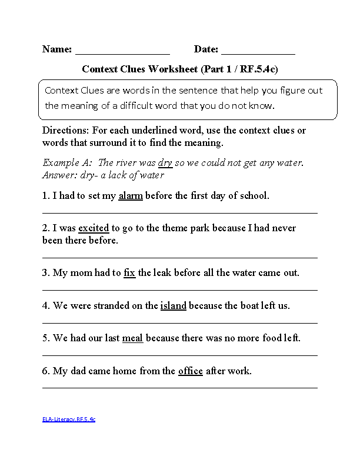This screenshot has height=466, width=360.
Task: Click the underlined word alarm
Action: [x=131, y=196]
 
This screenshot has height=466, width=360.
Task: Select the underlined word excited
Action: [x=94, y=228]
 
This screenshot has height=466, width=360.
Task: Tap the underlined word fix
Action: [x=129, y=273]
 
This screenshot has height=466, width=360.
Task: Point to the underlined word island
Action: [x=173, y=306]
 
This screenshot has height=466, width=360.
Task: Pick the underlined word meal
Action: [x=132, y=338]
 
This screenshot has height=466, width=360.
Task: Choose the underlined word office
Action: [x=190, y=371]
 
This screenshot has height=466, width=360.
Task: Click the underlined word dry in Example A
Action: [x=165, y=163]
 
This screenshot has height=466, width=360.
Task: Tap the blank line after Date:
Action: [x=258, y=52]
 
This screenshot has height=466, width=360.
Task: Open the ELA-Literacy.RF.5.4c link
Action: [x=68, y=420]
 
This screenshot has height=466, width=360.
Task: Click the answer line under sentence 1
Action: [x=179, y=212]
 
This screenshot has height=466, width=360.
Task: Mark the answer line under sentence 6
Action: [x=179, y=388]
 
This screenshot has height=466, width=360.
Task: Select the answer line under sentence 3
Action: [x=179, y=289]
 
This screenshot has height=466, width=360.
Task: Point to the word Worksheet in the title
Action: [x=174, y=69]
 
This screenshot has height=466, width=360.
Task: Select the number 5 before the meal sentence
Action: [x=45, y=338]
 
